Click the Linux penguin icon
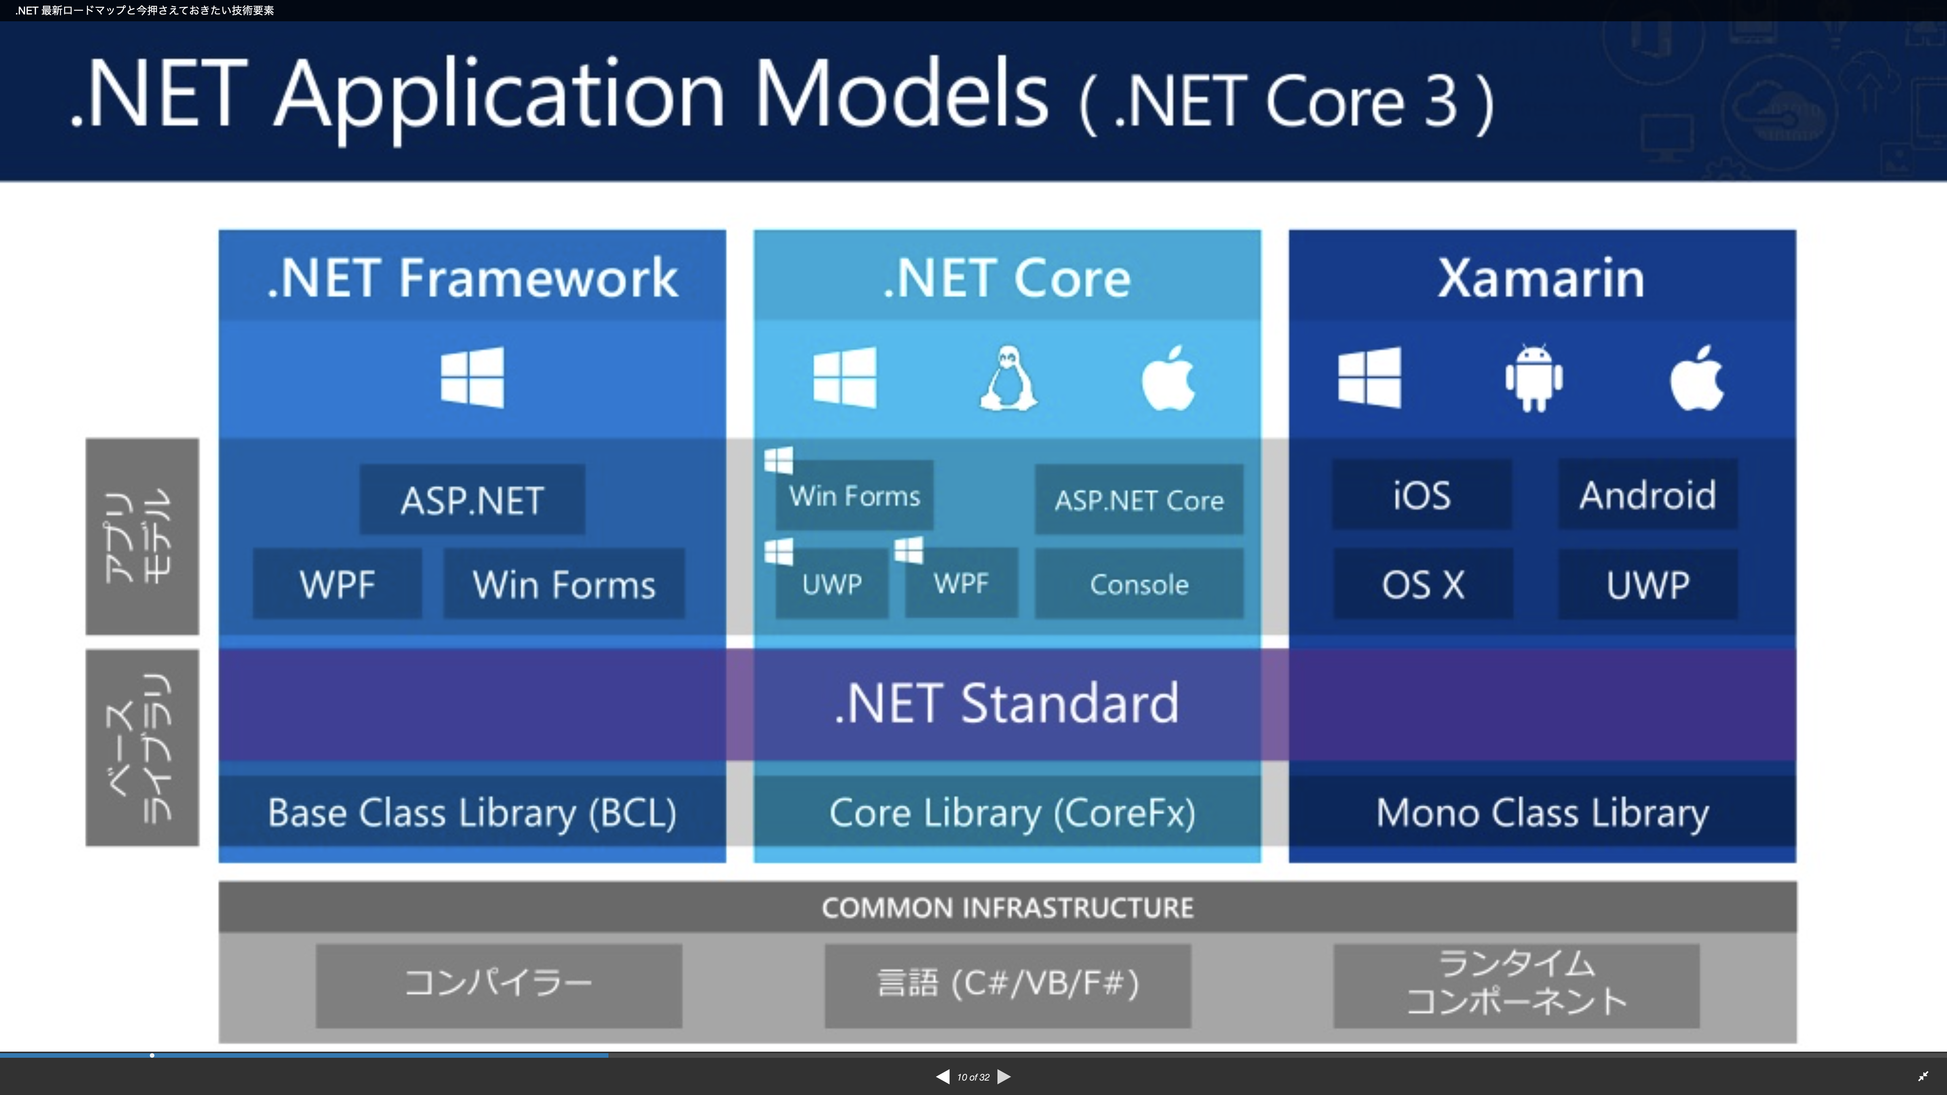pyautogui.click(x=1008, y=378)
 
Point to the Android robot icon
pyautogui.click(x=1534, y=378)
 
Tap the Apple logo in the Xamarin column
pyautogui.click(x=1697, y=378)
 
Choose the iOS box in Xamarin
pyautogui.click(x=1422, y=495)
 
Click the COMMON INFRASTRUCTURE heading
pyautogui.click(x=1007, y=907)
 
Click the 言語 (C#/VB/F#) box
pyautogui.click(x=1007, y=984)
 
